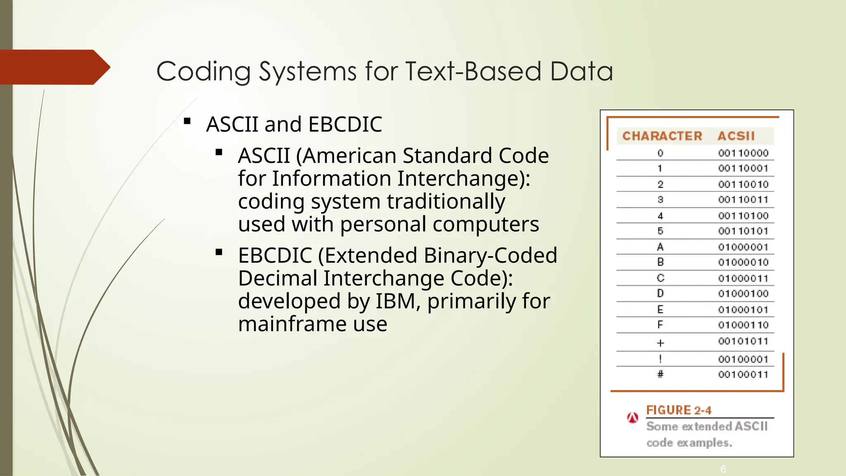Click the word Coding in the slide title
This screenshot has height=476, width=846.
[203, 71]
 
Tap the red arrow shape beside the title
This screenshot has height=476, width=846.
[54, 67]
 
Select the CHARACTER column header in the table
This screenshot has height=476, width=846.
[662, 136]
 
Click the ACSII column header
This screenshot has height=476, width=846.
[736, 136]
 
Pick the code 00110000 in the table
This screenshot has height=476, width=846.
[743, 153]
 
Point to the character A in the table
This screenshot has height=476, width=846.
[660, 247]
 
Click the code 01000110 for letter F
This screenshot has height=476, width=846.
[743, 325]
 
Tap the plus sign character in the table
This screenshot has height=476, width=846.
[660, 343]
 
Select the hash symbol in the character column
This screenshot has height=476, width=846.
[660, 374]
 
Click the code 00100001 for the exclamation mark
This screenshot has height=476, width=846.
[743, 359]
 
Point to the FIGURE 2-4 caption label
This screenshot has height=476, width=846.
[679, 410]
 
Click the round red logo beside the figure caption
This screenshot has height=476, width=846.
[632, 418]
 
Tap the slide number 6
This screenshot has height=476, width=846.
[723, 469]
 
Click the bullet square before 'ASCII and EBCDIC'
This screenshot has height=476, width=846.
[187, 121]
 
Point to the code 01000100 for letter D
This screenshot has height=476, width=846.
[743, 294]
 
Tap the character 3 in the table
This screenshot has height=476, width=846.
[660, 200]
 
